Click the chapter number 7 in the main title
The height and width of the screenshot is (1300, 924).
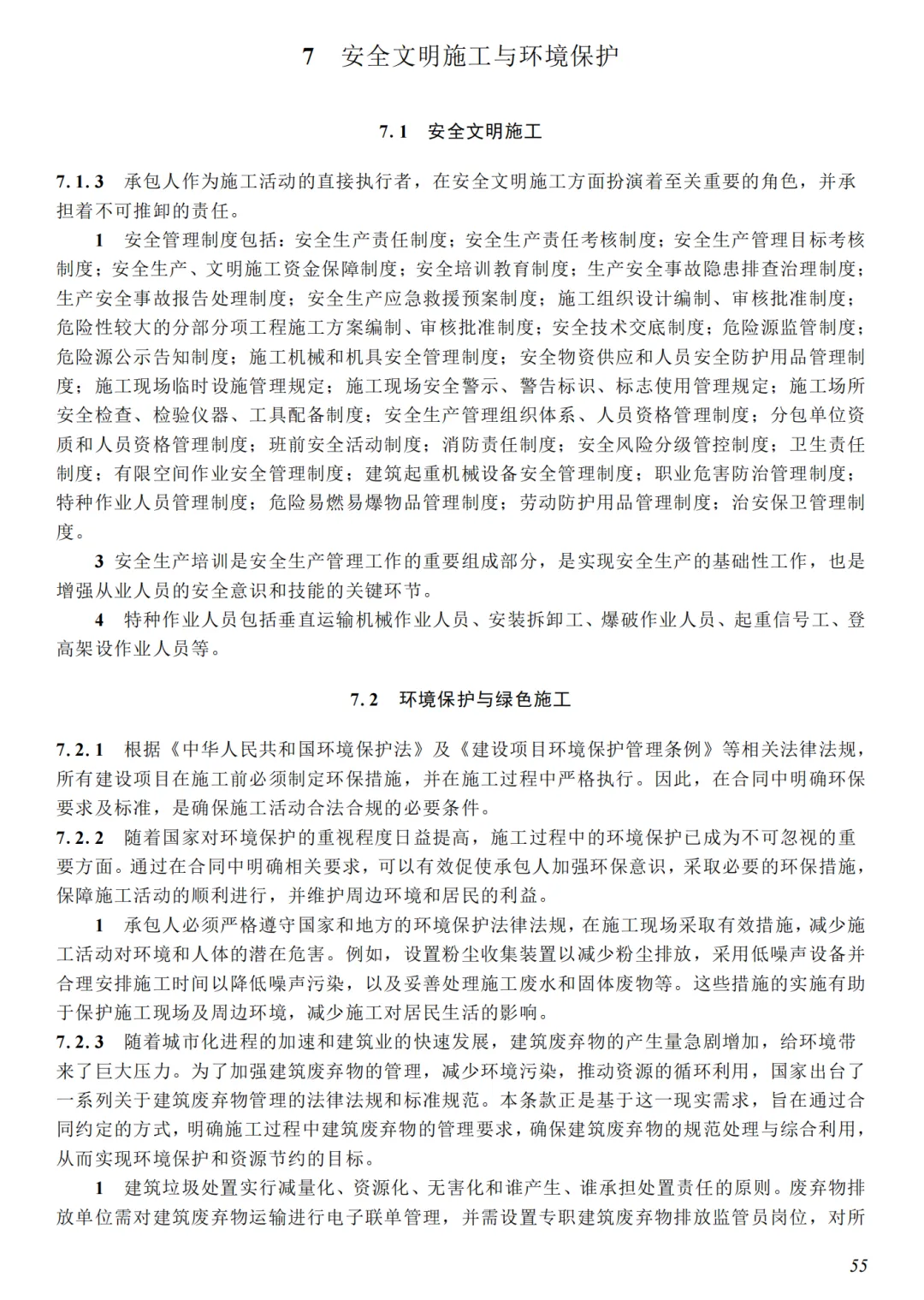click(308, 57)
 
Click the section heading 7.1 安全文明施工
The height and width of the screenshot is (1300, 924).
click(460, 132)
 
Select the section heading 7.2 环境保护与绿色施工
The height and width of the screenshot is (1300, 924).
click(460, 699)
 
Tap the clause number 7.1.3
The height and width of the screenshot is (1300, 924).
click(80, 181)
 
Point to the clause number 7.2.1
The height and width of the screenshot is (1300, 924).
click(80, 750)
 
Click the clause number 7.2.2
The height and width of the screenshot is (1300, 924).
click(80, 837)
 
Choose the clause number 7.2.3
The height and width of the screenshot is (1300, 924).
click(80, 1042)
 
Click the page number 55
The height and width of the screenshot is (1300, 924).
click(858, 1266)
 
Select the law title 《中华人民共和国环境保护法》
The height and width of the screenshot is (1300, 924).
click(295, 750)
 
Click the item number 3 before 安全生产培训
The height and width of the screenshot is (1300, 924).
click(99, 561)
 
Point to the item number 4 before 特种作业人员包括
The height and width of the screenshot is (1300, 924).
click(99, 620)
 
